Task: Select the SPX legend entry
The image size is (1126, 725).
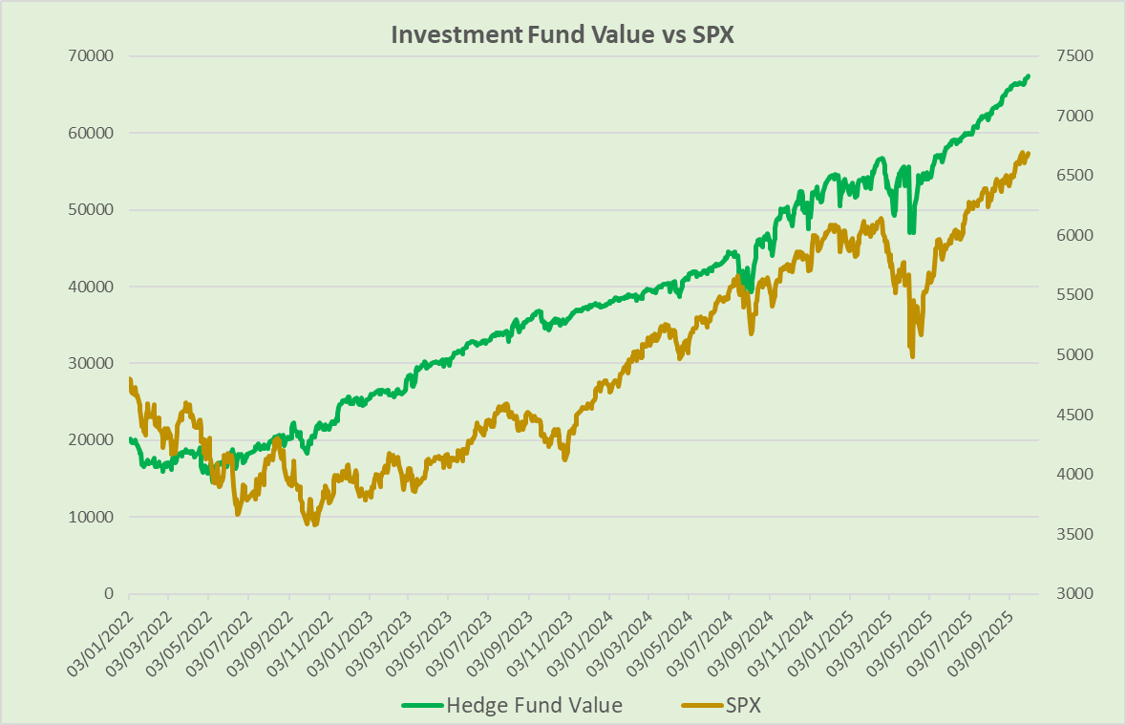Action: [745, 706]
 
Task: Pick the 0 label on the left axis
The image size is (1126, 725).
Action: [108, 593]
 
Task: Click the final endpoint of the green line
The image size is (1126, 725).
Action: [1028, 75]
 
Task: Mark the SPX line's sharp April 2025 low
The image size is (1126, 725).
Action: [913, 357]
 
